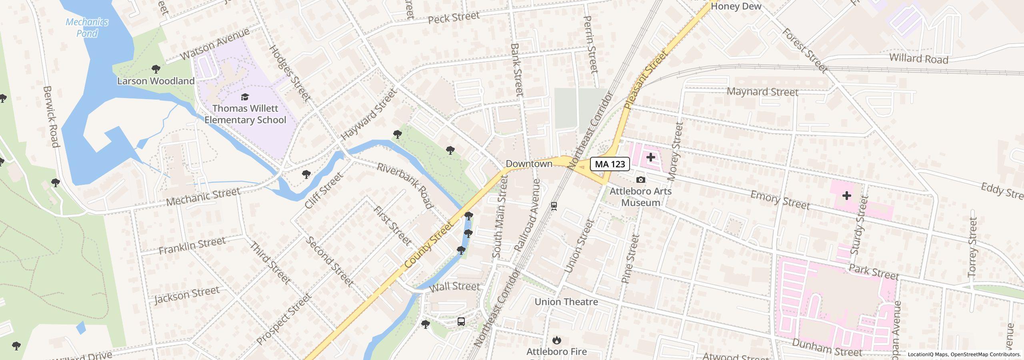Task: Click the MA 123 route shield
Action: click(x=610, y=164)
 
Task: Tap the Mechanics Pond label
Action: click(x=87, y=28)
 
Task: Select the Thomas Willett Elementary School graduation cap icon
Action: click(x=245, y=97)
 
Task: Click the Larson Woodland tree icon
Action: click(x=156, y=70)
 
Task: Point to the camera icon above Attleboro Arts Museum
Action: click(x=640, y=180)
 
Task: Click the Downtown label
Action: click(x=529, y=164)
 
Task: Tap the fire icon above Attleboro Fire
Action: click(x=556, y=340)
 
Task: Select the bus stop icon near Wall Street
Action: click(x=461, y=322)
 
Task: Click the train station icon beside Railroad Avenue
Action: click(x=554, y=206)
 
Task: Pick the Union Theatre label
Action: click(x=566, y=302)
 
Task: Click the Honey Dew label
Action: click(x=736, y=6)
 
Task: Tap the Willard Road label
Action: click(x=918, y=58)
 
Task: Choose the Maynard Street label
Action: click(x=762, y=92)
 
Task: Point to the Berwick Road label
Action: click(x=51, y=116)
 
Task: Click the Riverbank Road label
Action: click(x=404, y=186)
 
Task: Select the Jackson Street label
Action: click(x=187, y=295)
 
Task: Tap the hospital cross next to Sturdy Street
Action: click(x=846, y=196)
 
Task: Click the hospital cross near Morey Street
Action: click(x=651, y=157)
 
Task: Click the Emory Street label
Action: click(x=780, y=200)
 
